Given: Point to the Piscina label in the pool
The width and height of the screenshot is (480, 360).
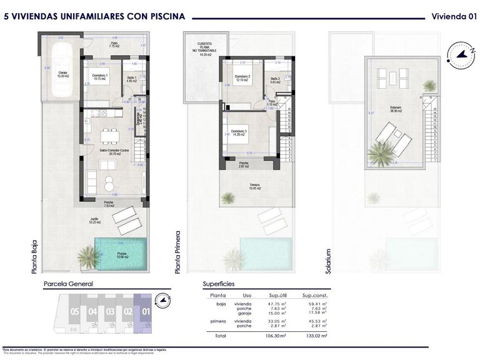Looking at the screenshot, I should tap(121, 254).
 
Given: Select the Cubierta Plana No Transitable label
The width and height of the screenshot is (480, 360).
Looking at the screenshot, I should tap(201, 47).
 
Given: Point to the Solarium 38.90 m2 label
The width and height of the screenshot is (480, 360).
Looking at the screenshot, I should tap(395, 109).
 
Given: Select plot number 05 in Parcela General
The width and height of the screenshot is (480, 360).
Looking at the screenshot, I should tap(74, 311).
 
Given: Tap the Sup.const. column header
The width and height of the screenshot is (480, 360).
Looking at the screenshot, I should tap(315, 296).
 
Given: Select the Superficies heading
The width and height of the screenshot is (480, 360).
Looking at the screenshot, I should tap(219, 284).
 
